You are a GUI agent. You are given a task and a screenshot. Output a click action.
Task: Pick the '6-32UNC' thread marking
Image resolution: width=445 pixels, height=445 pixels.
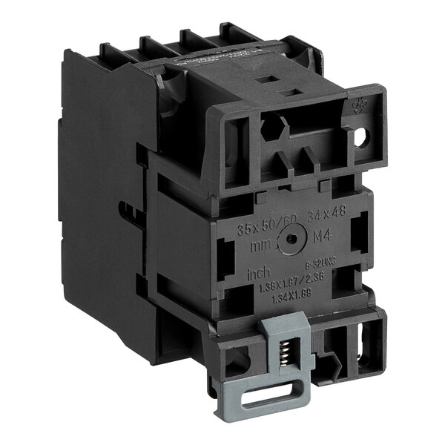318,264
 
